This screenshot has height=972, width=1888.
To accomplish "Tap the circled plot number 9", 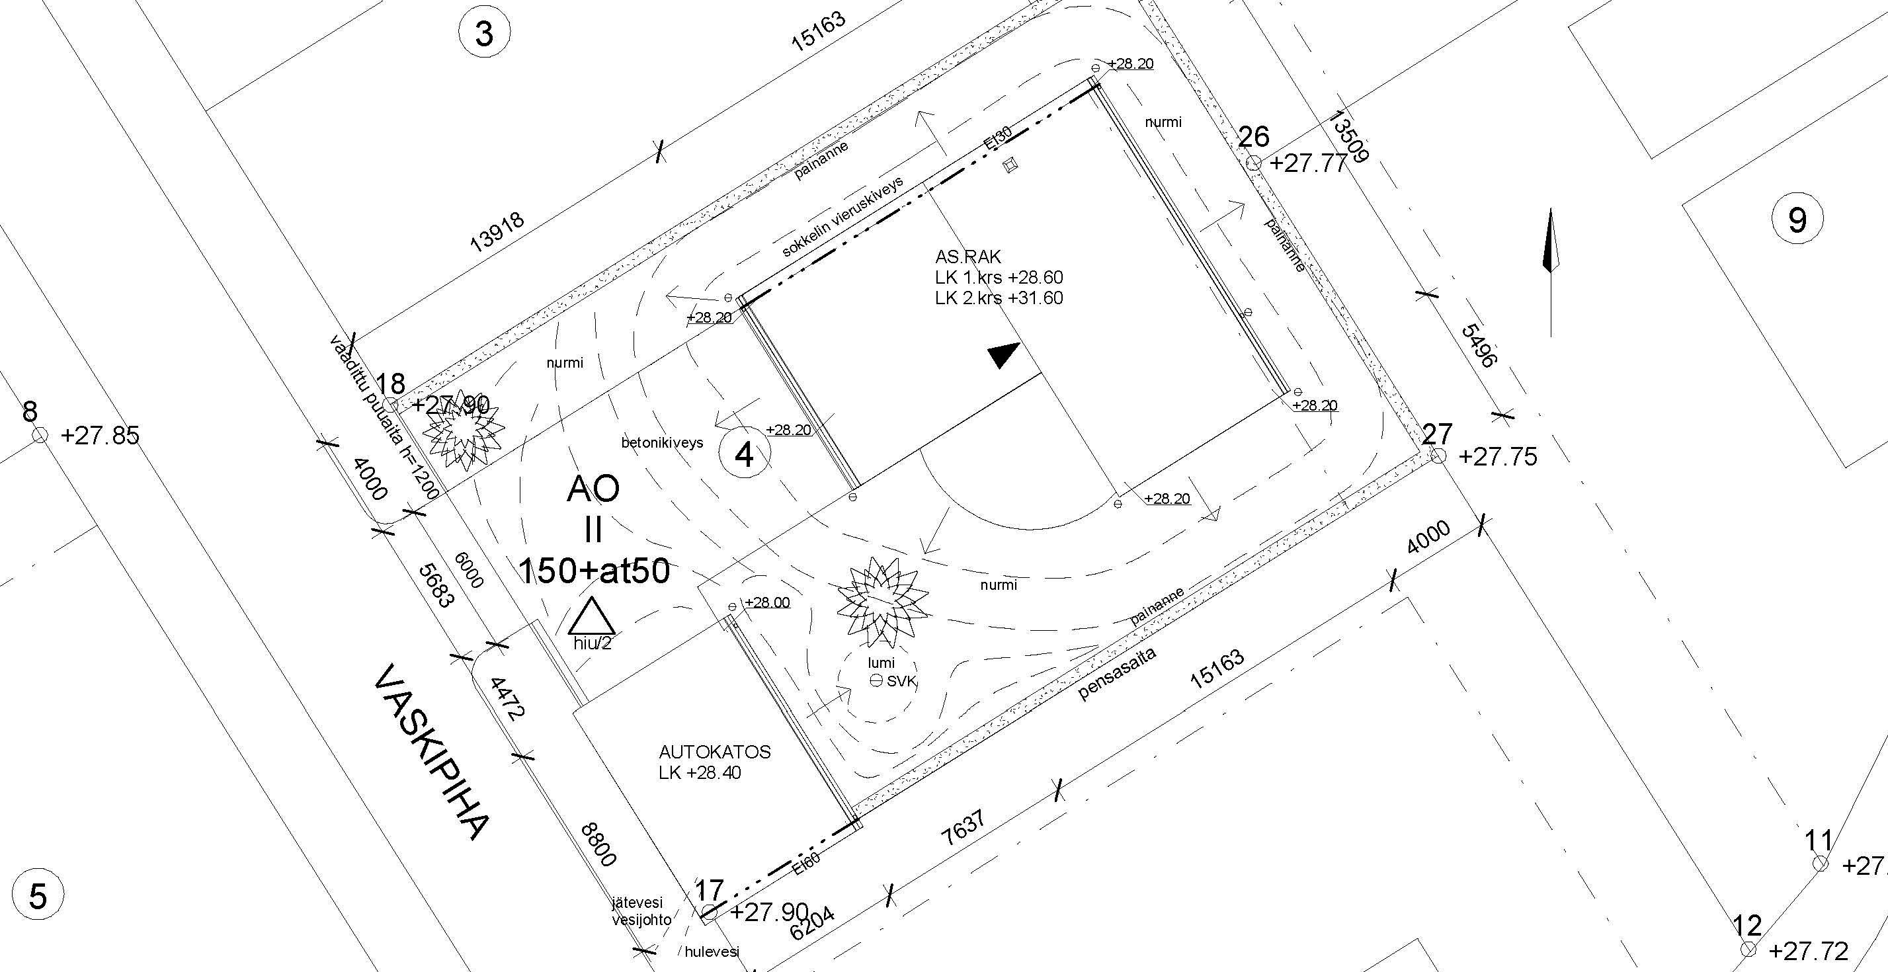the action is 1797,218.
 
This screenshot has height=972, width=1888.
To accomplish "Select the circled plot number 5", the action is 38,897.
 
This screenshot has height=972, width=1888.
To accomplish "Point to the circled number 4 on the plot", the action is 744,454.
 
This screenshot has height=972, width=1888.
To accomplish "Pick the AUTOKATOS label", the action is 715,752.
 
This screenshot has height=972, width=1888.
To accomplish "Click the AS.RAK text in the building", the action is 967,257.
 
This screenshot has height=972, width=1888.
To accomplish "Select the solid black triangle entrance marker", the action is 1003,355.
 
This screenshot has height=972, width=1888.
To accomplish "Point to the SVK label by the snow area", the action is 901,681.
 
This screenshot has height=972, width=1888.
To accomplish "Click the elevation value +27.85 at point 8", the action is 100,436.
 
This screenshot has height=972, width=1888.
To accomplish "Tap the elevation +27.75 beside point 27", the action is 1497,457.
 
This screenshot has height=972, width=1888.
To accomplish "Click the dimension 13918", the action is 496,231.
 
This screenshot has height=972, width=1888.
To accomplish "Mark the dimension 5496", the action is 1477,345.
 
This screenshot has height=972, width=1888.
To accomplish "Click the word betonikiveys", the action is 662,443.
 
